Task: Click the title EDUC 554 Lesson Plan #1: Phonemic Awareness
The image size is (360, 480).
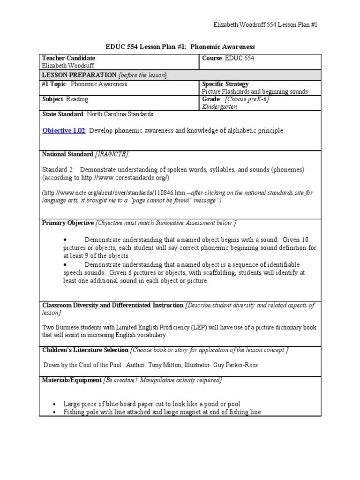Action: point(180,47)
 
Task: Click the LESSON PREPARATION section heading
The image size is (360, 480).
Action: point(79,75)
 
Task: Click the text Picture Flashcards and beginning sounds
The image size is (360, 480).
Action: point(255,92)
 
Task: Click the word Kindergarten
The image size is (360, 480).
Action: point(220,107)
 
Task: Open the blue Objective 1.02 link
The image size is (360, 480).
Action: point(64,131)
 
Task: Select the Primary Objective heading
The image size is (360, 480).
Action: point(68,223)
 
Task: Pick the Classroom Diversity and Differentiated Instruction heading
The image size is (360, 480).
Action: point(112,306)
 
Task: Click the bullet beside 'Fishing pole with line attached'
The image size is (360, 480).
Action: point(55,412)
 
